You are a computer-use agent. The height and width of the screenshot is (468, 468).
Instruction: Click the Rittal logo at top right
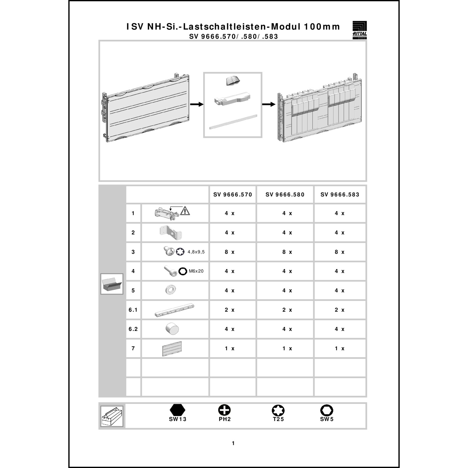[359, 30]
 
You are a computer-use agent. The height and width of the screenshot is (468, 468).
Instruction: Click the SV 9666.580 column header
[285, 195]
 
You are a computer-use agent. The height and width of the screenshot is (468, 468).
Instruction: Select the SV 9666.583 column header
[340, 195]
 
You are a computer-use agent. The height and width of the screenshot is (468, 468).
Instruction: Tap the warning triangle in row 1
[185, 211]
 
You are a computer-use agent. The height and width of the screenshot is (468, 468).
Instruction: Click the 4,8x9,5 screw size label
[196, 252]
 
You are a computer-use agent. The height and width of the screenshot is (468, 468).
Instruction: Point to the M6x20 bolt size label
[196, 271]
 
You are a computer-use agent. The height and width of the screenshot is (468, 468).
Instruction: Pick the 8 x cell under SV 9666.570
[230, 252]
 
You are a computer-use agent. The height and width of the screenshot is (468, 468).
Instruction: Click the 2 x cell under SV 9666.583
[339, 310]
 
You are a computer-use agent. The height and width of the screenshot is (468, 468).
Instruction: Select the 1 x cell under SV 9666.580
[287, 349]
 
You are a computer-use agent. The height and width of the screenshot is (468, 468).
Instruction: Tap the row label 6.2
[133, 329]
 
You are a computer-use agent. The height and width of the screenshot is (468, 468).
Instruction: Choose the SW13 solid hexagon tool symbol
[178, 410]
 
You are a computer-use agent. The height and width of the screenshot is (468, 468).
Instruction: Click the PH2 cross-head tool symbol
[224, 410]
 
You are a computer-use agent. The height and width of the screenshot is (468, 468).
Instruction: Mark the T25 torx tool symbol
[278, 410]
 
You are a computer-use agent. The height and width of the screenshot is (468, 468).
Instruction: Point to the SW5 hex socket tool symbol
[327, 410]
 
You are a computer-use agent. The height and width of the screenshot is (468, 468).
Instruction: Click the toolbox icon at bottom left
[112, 416]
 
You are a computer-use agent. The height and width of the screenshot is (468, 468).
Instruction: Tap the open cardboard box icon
[112, 284]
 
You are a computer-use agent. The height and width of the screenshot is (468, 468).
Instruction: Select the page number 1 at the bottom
[233, 443]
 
